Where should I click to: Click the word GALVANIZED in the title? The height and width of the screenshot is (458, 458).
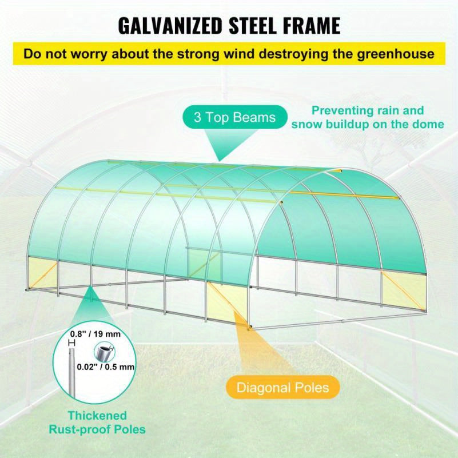click(x=170, y=26)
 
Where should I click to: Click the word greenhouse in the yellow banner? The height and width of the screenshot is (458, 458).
click(x=396, y=54)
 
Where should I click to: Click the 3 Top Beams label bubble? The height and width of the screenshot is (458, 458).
click(x=235, y=117)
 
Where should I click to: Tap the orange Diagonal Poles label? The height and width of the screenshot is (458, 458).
click(x=282, y=387)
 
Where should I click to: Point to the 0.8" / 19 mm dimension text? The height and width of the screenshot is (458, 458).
click(x=95, y=334)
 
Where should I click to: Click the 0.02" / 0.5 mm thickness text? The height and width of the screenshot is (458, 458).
click(x=106, y=367)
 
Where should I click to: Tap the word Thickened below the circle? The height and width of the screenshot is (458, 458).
click(x=98, y=416)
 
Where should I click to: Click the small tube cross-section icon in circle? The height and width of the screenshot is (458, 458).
click(x=104, y=352)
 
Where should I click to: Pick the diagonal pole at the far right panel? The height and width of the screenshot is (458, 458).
click(x=403, y=291)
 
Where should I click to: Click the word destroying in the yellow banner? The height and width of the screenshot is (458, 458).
click(x=294, y=54)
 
